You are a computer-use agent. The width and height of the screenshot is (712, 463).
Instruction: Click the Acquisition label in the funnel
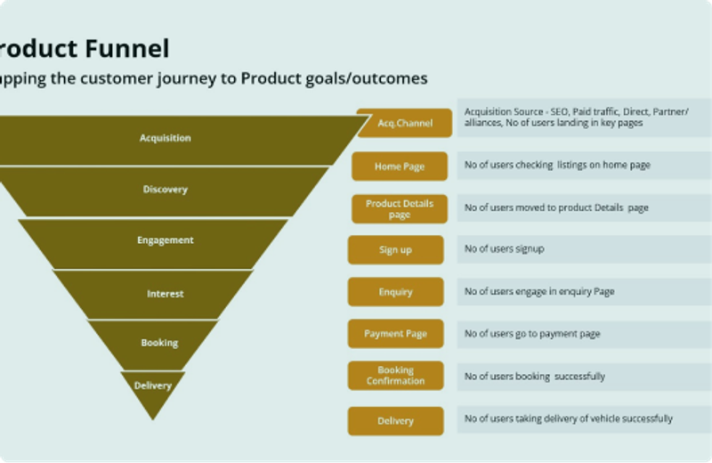click(x=165, y=138)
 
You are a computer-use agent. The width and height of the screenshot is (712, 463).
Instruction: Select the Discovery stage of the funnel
click(x=165, y=190)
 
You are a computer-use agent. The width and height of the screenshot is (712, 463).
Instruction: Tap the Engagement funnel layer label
click(x=165, y=240)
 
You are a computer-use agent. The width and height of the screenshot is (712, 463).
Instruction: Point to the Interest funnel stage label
click(x=165, y=294)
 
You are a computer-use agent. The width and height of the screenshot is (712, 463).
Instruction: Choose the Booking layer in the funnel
click(x=159, y=343)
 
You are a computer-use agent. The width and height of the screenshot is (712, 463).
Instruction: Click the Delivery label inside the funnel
click(x=152, y=386)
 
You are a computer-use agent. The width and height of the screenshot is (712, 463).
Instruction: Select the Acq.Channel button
click(x=405, y=124)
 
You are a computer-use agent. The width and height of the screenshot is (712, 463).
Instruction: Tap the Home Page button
click(x=400, y=167)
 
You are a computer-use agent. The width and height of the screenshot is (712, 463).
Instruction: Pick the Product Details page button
click(x=400, y=209)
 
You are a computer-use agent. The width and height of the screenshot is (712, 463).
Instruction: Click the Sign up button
click(x=395, y=250)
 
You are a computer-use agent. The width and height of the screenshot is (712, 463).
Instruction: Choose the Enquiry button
click(x=395, y=292)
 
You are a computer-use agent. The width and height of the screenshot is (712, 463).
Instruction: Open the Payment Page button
click(x=395, y=334)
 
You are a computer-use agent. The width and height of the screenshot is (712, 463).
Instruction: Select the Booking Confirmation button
click(x=395, y=376)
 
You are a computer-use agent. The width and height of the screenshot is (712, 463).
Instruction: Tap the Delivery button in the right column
click(x=395, y=421)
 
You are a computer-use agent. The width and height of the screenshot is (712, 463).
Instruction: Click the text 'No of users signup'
click(x=504, y=249)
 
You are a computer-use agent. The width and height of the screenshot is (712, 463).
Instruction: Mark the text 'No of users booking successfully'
click(x=534, y=377)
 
